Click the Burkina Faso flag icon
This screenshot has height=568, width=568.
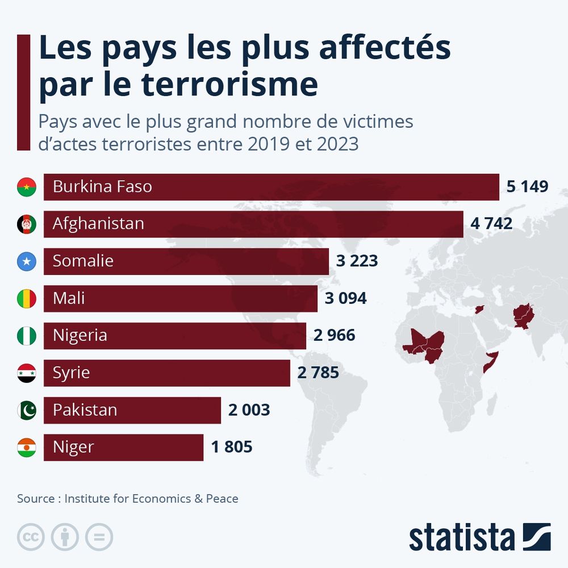(x=27, y=187)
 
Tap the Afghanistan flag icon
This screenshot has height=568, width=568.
(x=27, y=224)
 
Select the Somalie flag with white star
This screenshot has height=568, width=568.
(x=27, y=261)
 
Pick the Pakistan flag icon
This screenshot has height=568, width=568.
(x=27, y=410)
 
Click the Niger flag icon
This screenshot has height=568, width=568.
(x=27, y=448)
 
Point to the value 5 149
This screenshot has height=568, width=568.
(x=527, y=186)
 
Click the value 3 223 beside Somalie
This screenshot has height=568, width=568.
(x=357, y=261)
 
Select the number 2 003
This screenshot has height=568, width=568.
(x=249, y=410)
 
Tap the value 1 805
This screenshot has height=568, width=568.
(x=232, y=448)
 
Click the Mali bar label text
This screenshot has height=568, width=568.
(x=69, y=298)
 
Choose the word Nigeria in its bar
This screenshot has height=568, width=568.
(x=80, y=335)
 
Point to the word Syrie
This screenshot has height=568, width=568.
(x=71, y=373)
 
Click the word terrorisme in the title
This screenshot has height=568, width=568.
(x=229, y=84)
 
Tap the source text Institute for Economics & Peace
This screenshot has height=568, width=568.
(x=151, y=499)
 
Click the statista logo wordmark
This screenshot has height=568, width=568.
(x=461, y=537)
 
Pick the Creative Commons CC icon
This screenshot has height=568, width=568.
(x=31, y=537)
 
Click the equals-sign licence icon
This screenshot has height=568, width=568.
(x=99, y=537)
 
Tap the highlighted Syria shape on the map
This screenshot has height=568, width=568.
(x=480, y=309)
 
